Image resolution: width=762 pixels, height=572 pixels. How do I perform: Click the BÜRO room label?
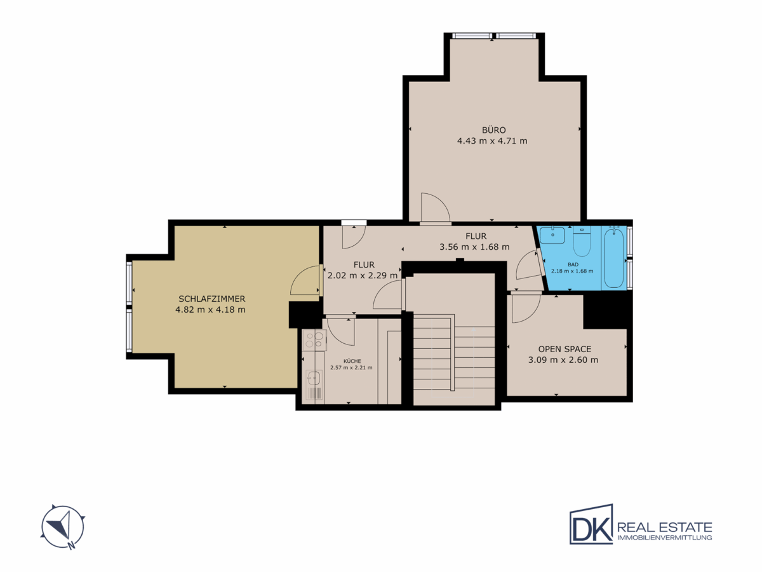tap(493, 130)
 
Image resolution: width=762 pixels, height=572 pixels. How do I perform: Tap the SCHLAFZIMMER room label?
tap(211, 299)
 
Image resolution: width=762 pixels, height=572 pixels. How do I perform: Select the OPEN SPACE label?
tap(565, 349)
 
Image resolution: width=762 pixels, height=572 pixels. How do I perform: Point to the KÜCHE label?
tap(352, 361)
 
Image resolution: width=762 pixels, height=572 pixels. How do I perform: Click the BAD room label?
tap(573, 264)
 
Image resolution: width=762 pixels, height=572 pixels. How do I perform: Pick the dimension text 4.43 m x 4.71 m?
tap(492, 141)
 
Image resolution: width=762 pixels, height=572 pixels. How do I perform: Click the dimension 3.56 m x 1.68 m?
tap(474, 247)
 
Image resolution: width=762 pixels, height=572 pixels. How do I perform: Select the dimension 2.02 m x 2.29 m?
tap(363, 275)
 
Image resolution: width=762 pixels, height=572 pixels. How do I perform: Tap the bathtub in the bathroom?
tap(613, 257)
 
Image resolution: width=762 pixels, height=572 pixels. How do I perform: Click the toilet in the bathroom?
tap(582, 242)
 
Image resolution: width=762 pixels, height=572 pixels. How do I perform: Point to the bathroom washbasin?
tap(552, 235)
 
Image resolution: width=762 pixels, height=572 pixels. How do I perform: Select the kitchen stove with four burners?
tap(314, 340)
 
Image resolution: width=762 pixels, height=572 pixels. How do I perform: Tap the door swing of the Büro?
tap(436, 208)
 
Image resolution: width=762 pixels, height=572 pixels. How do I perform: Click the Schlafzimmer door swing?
tap(305, 281)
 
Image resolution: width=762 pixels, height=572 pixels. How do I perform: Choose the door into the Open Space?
tap(526, 308)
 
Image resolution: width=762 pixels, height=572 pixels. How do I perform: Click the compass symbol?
tap(63, 527)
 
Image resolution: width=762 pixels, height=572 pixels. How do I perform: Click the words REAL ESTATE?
tap(664, 528)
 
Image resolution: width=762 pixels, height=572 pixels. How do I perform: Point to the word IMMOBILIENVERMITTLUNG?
tap(664, 538)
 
